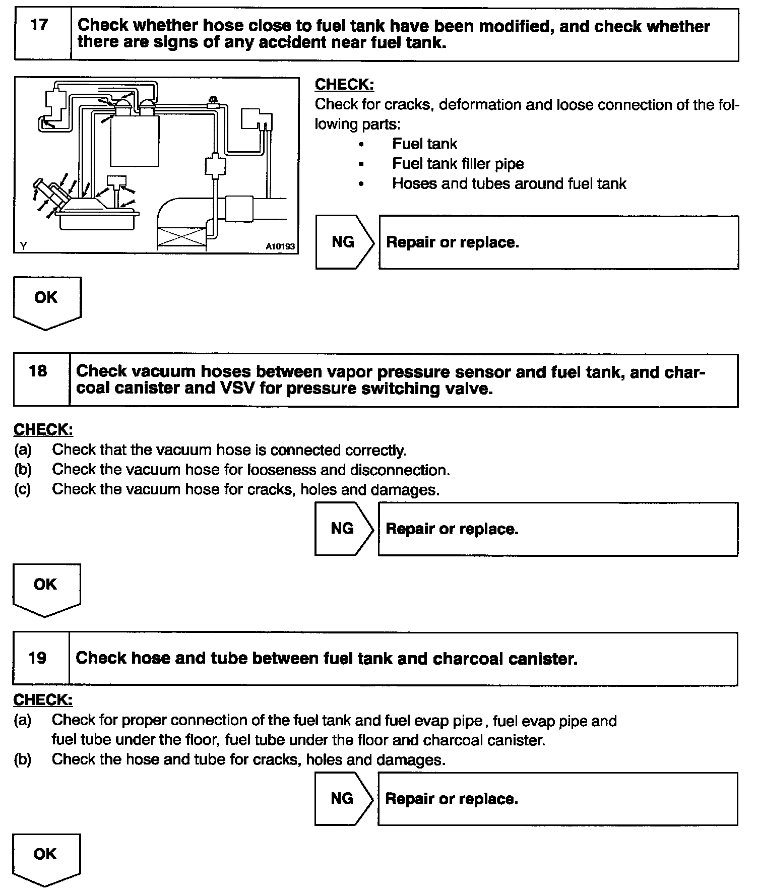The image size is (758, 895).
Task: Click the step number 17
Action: click(x=39, y=25)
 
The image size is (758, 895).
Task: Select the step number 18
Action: click(x=38, y=371)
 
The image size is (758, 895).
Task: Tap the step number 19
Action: click(x=38, y=658)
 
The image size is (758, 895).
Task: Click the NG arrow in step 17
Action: click(x=345, y=242)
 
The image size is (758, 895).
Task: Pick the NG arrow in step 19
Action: click(x=343, y=798)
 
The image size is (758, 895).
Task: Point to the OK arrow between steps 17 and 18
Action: click(x=46, y=301)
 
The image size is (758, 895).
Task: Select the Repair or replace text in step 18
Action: click(x=452, y=529)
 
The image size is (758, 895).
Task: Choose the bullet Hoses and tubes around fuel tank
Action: click(x=509, y=183)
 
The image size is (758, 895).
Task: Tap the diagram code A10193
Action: click(x=280, y=246)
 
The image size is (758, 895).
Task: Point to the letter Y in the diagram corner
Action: click(x=23, y=246)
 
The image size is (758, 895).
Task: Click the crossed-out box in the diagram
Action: click(x=182, y=238)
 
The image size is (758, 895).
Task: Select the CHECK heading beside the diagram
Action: click(x=344, y=85)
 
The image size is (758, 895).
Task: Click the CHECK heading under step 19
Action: click(x=43, y=700)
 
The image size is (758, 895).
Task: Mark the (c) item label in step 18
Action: click(x=23, y=489)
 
